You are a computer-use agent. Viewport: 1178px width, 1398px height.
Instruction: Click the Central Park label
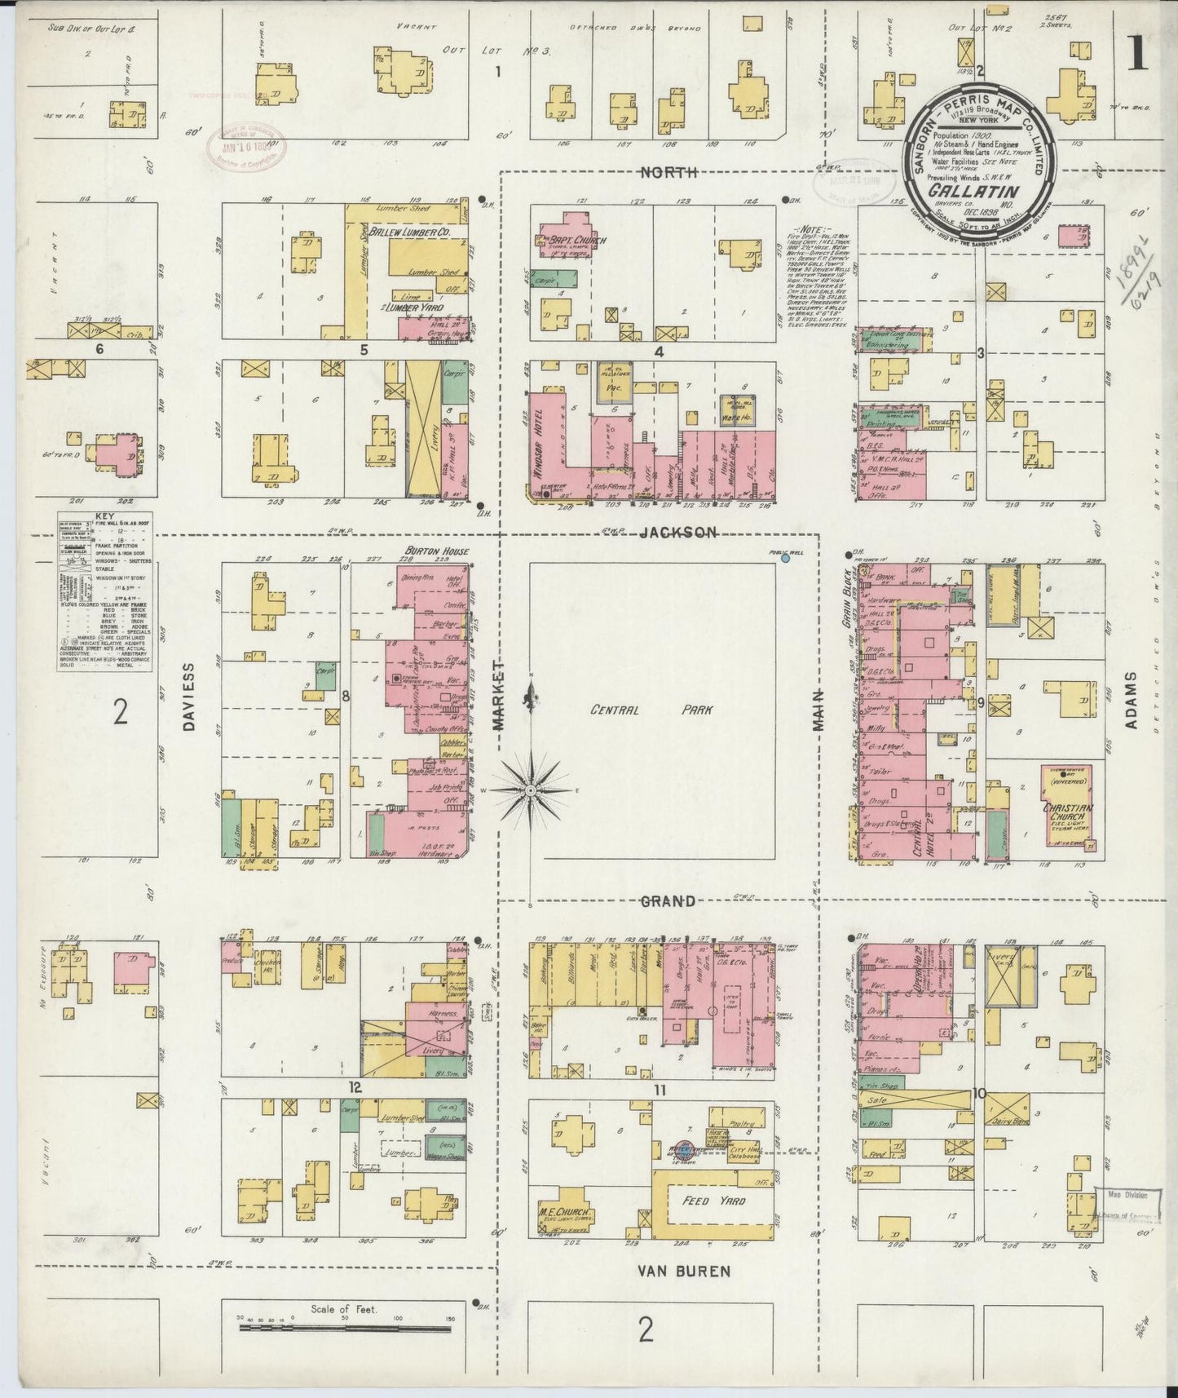(652, 710)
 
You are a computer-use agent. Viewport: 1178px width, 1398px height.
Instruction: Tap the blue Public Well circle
(785, 559)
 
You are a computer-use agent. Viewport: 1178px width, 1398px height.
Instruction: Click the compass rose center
(531, 790)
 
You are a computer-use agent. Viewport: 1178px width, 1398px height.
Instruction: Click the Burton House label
(437, 552)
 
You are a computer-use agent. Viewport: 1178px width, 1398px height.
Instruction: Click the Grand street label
(668, 900)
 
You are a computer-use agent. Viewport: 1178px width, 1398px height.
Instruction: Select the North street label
(668, 171)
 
